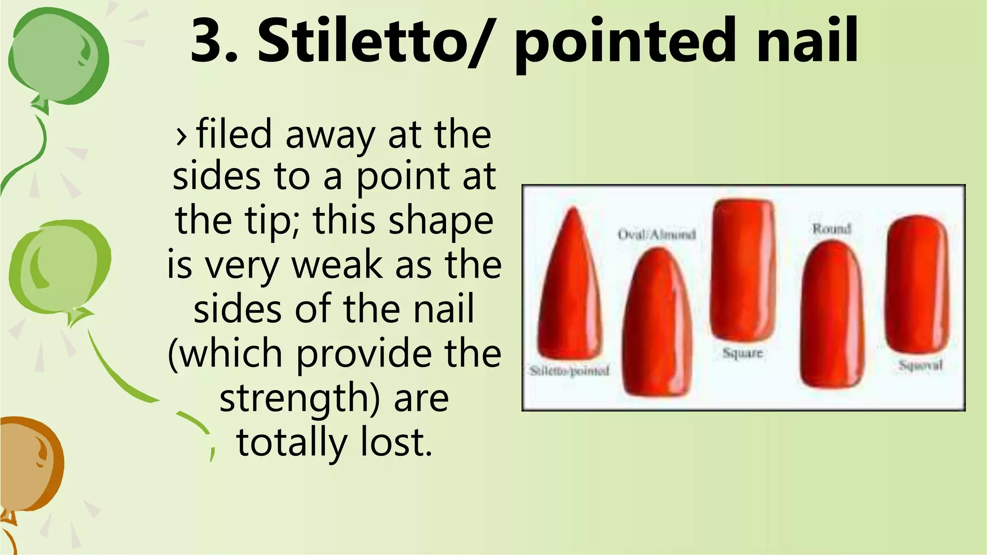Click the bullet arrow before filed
click(181, 136)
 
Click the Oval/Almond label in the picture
click(656, 235)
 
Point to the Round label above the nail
click(831, 228)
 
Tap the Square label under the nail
click(742, 353)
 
